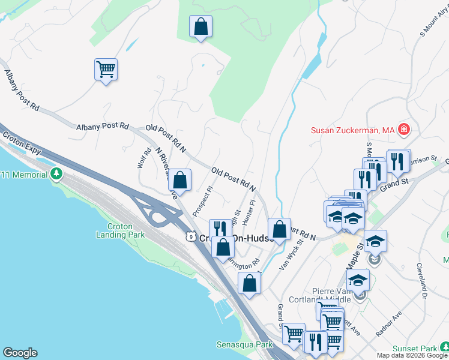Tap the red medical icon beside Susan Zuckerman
404,129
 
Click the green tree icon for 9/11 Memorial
57,174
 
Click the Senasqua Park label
244,345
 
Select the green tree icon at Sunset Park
444,347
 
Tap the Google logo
20,353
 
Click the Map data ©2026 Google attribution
412,355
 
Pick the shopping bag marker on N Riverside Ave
179,179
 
